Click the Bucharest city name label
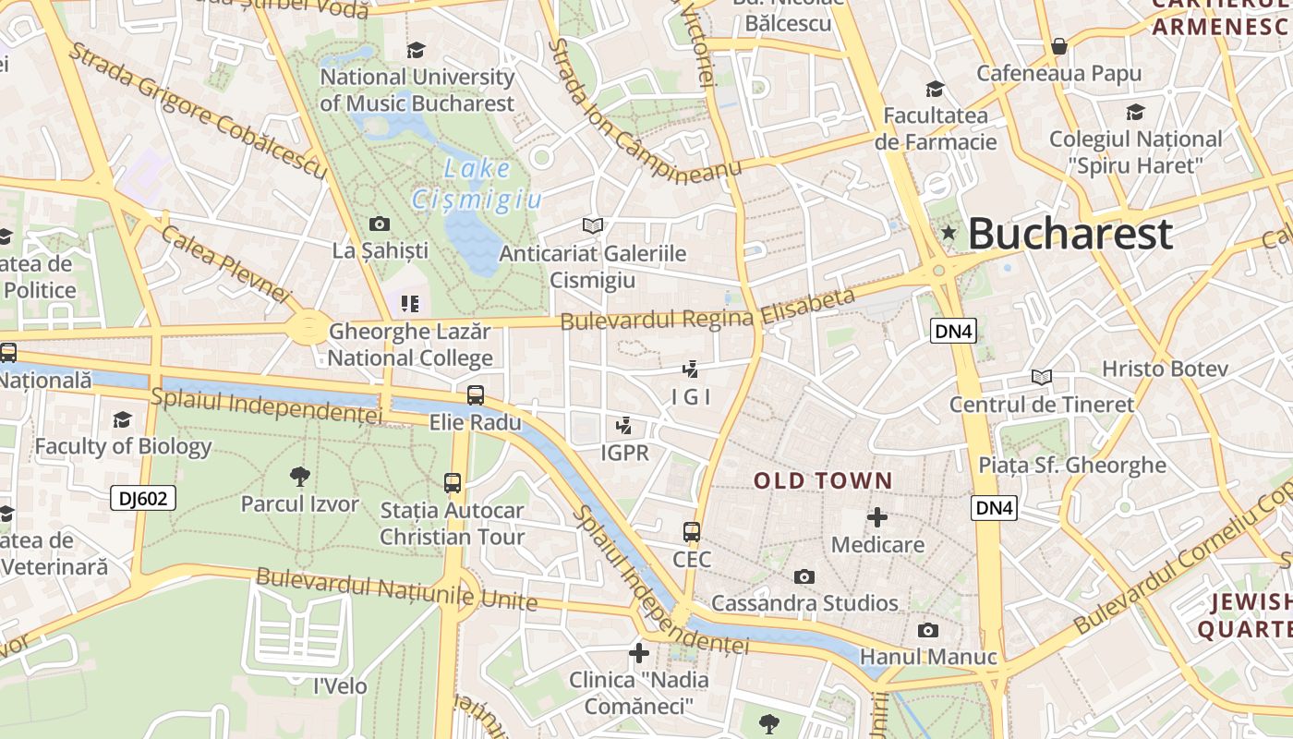click(1069, 234)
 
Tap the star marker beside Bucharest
click(949, 233)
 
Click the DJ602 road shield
click(143, 499)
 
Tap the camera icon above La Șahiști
click(379, 224)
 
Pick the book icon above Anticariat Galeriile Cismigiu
click(592, 225)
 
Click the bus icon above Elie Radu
click(476, 395)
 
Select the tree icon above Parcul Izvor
click(299, 477)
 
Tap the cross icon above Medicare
click(876, 517)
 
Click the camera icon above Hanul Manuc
click(928, 630)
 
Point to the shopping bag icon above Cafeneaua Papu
click(1059, 46)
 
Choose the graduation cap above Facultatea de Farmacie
click(936, 89)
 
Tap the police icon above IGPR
click(625, 426)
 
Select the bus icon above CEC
click(692, 532)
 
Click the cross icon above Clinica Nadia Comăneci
click(638, 653)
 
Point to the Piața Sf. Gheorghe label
click(1072, 465)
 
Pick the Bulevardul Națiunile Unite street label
click(396, 589)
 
